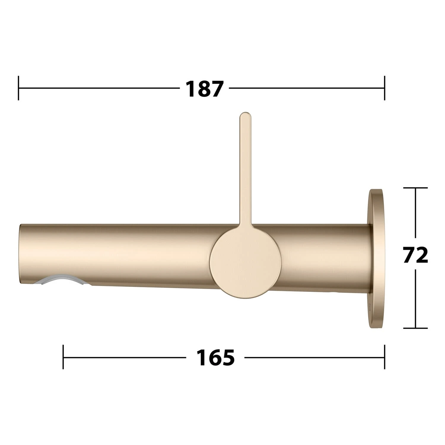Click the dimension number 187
point(204,88)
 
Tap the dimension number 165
point(215,357)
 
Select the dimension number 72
point(416,255)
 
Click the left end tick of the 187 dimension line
point(19,88)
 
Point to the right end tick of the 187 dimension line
point(384,88)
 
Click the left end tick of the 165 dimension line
point(63,357)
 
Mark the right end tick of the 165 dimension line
point(384,357)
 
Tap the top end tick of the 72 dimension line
point(415,188)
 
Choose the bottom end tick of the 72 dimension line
point(415,328)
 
